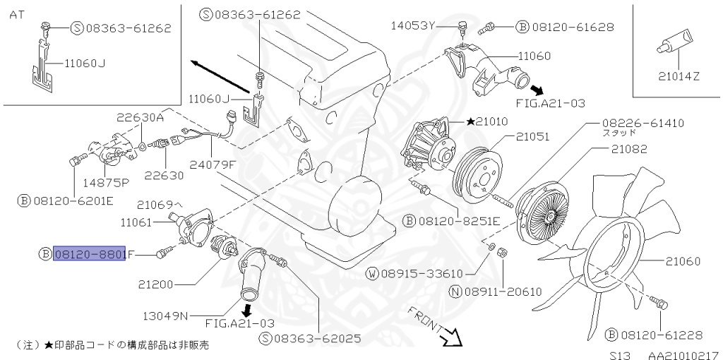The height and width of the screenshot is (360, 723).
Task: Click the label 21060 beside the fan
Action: point(682,261)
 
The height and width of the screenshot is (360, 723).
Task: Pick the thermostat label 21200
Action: point(155,284)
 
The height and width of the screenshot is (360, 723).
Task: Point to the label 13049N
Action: point(163,316)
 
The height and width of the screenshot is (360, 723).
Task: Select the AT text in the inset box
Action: point(16,15)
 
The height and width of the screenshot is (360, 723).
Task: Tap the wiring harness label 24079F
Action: point(213,165)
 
